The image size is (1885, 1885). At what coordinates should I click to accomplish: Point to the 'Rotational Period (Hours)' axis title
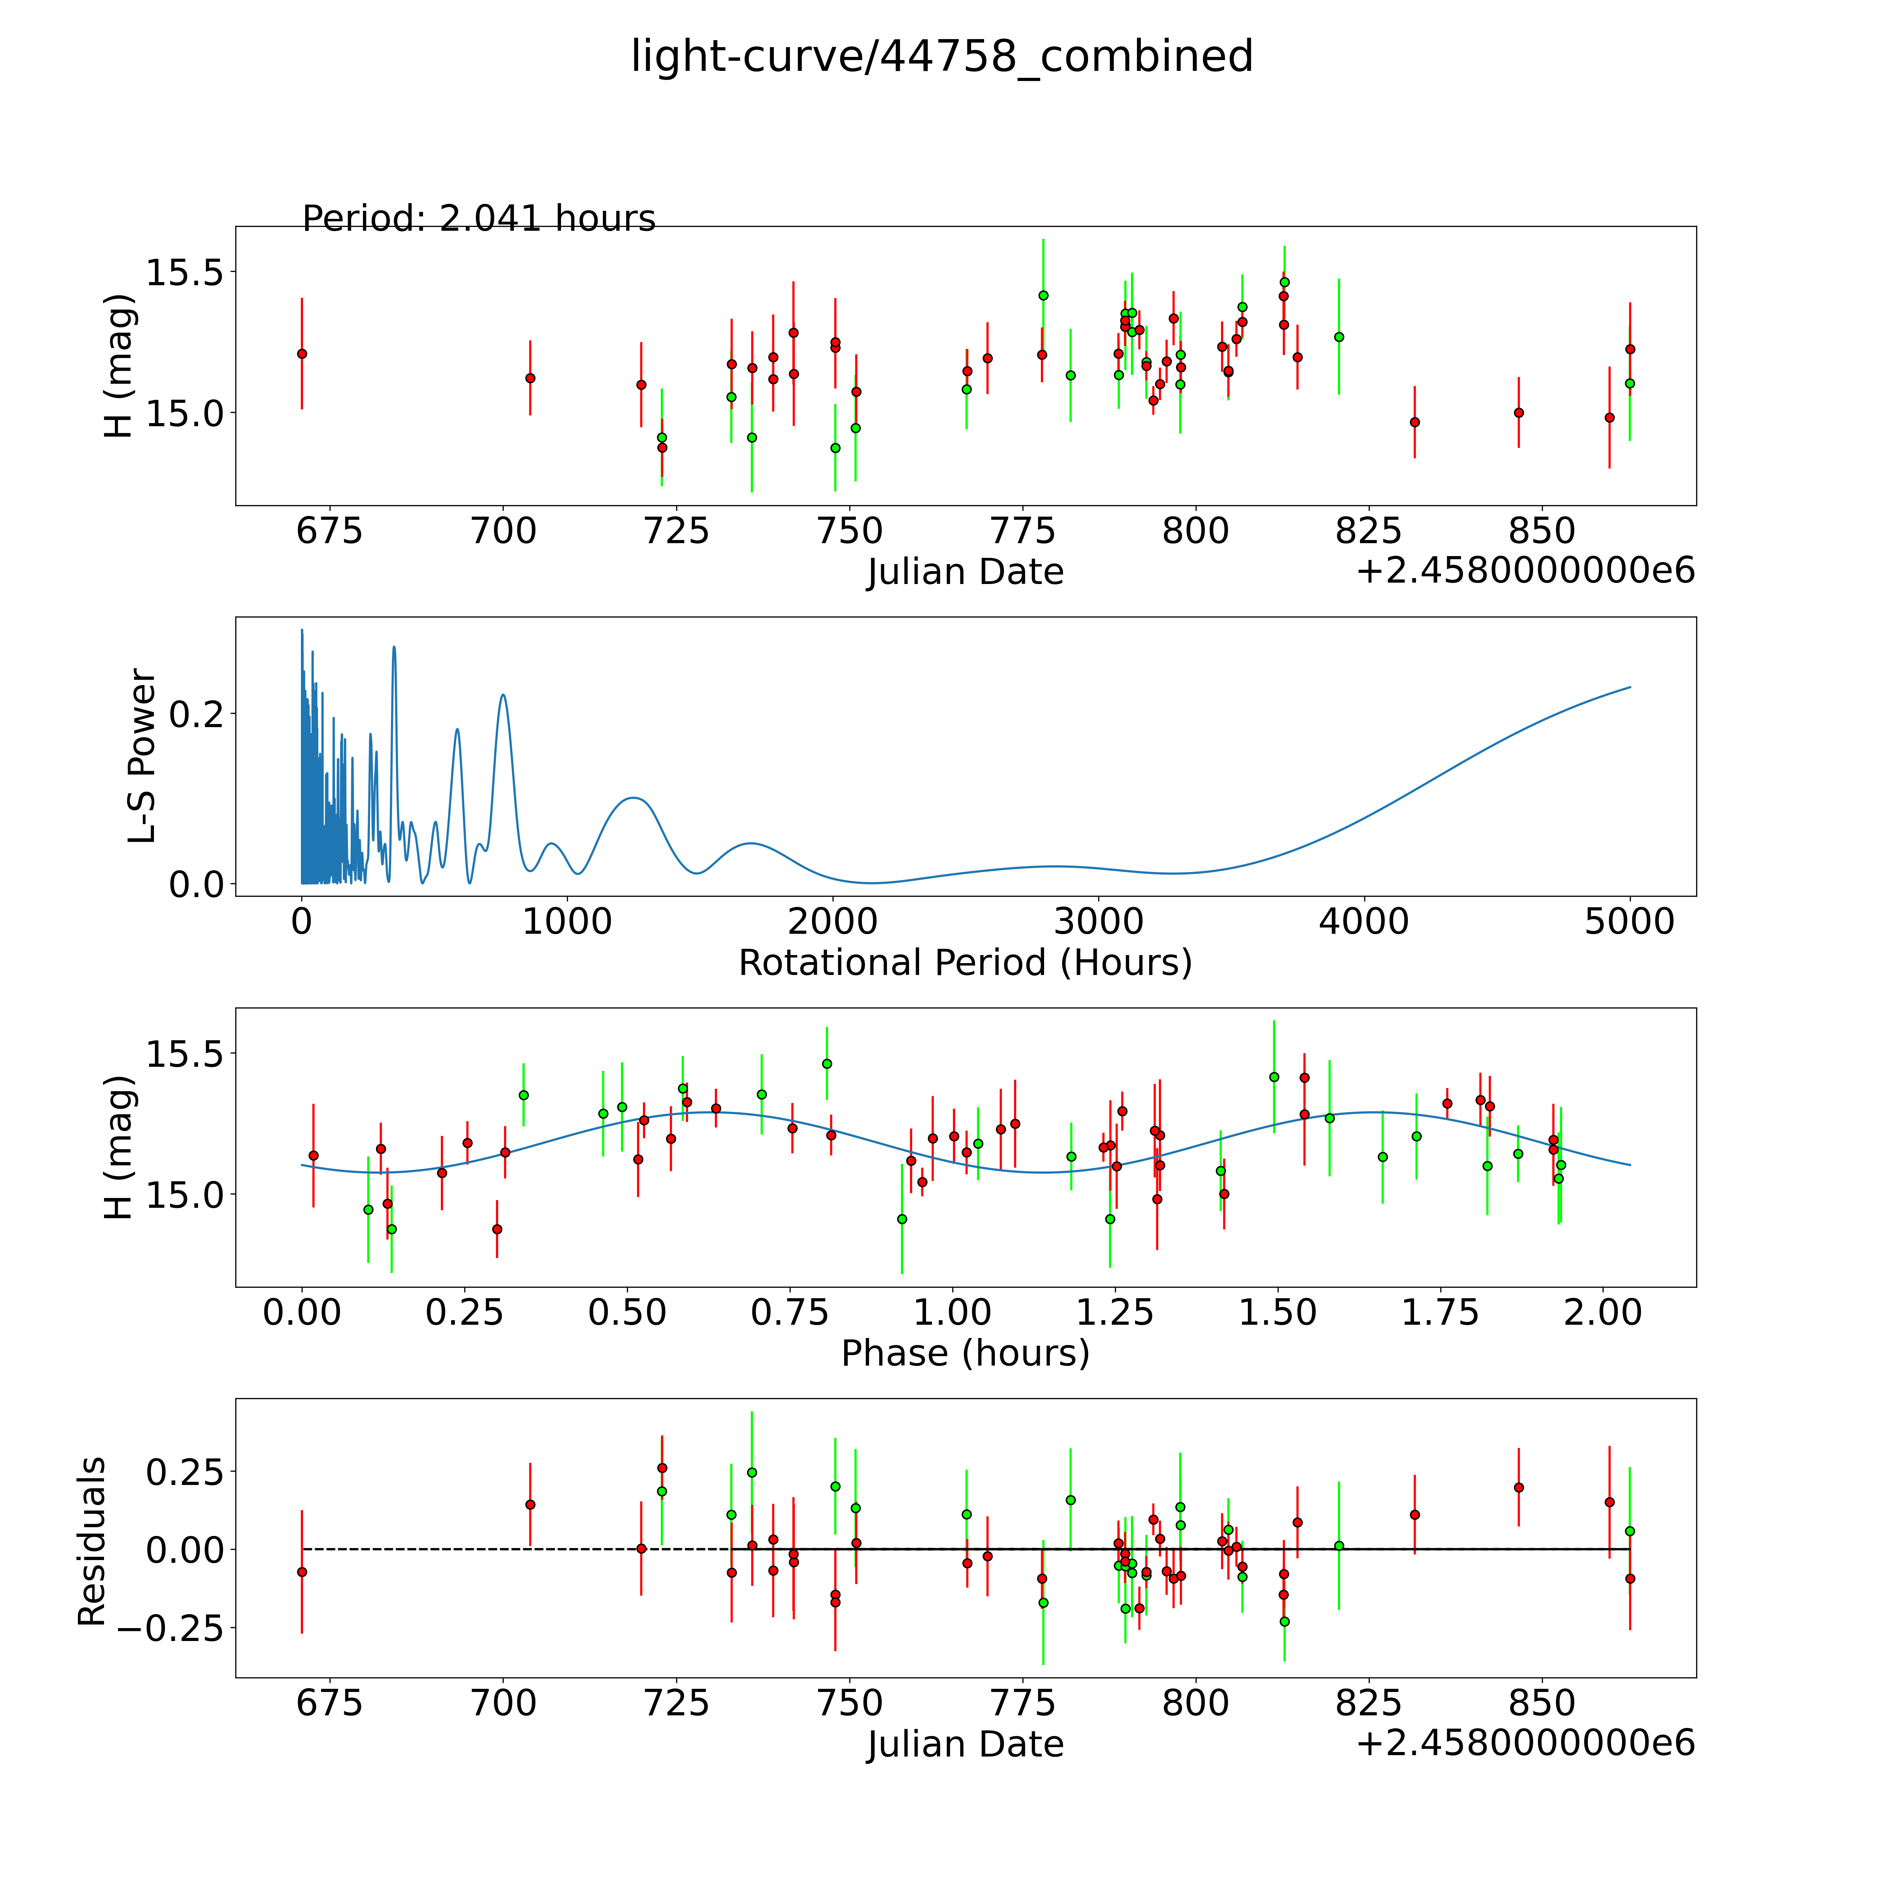click(x=965, y=963)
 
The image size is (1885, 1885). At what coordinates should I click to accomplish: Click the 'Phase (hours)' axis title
click(x=965, y=1353)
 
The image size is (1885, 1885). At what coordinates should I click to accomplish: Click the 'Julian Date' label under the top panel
click(x=965, y=572)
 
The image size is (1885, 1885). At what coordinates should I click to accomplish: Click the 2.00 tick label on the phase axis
click(x=1603, y=1312)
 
